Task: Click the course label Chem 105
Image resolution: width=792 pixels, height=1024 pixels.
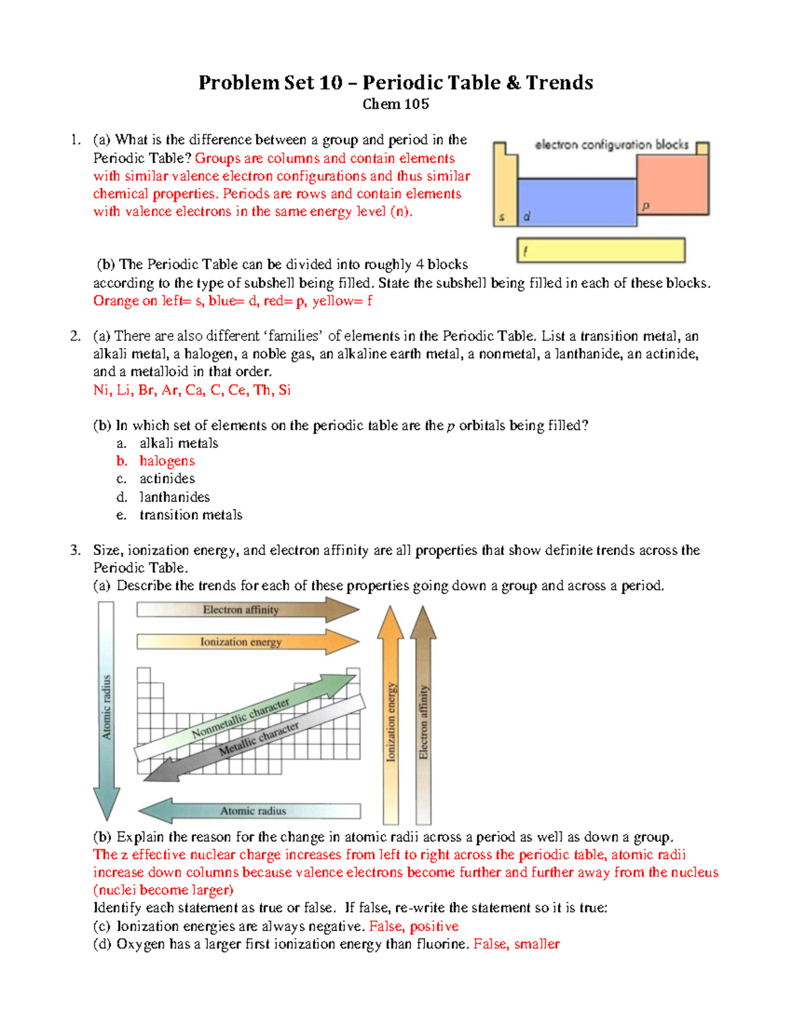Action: point(395,104)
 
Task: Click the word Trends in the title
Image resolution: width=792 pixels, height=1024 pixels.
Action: point(559,82)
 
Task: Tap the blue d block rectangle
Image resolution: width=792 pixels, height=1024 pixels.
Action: point(576,202)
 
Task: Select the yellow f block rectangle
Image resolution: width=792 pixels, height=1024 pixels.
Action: point(601,251)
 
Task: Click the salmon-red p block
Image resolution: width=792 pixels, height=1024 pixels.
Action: point(672,186)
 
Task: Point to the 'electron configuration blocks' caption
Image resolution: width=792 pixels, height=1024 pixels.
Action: point(611,144)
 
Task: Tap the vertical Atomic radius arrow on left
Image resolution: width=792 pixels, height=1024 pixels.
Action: point(106,709)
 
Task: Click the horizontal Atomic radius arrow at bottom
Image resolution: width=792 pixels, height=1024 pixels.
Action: point(254,811)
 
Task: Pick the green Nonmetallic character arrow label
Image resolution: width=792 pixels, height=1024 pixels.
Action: point(241,719)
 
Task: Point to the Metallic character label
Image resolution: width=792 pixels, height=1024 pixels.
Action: point(259,739)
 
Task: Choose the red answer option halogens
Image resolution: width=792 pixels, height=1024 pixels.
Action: point(167,461)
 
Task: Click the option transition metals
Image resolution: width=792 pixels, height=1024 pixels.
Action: point(191,515)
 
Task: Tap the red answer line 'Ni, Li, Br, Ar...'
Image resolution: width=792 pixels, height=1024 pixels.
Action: point(192,390)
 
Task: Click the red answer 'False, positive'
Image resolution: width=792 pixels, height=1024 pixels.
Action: point(414,926)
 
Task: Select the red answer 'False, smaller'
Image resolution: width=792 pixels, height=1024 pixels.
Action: point(516,944)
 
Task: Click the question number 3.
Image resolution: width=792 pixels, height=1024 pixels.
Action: point(75,550)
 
